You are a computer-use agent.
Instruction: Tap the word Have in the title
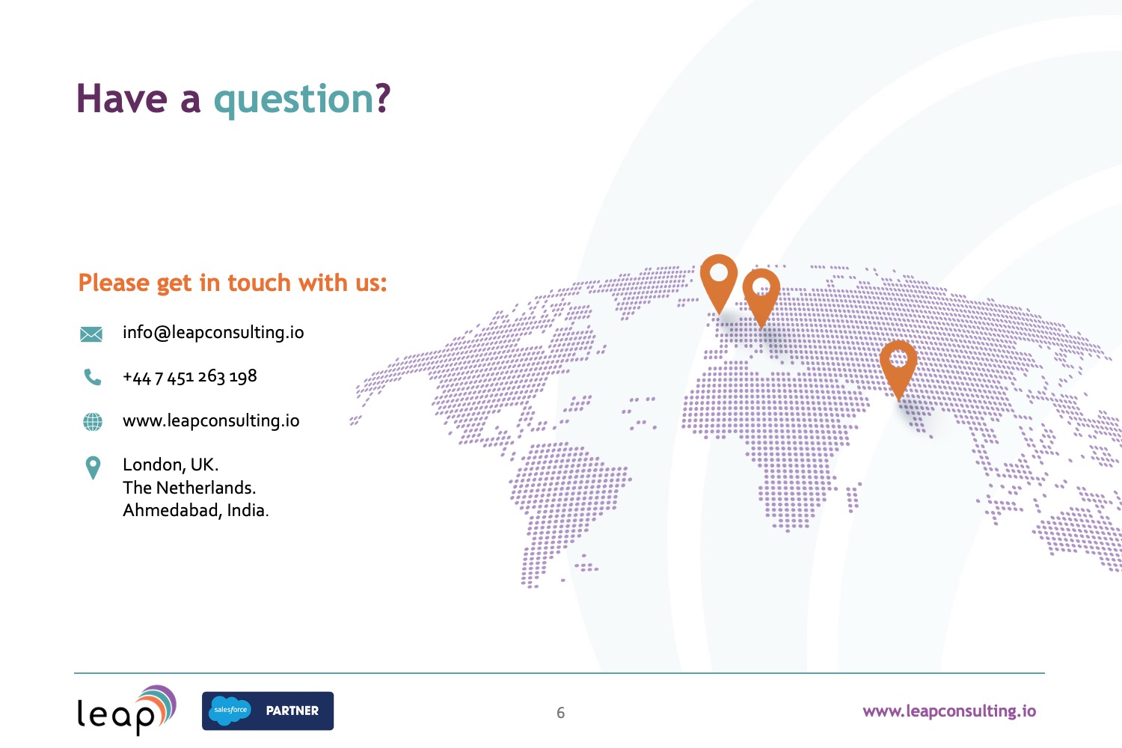122,98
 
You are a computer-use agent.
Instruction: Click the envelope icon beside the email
91,334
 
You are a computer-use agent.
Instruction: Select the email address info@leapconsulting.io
213,333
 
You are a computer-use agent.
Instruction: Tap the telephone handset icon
92,377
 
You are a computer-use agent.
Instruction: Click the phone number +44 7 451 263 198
190,377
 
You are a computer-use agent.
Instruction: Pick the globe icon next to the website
93,421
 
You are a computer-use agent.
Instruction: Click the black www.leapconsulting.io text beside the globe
211,421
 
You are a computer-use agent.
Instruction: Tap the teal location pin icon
93,467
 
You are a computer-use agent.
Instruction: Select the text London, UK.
171,465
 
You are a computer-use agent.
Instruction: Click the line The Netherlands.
189,488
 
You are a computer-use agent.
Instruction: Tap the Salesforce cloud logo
230,711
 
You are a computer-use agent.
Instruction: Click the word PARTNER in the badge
292,711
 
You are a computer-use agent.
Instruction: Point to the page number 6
560,712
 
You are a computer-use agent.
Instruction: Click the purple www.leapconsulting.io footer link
949,711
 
